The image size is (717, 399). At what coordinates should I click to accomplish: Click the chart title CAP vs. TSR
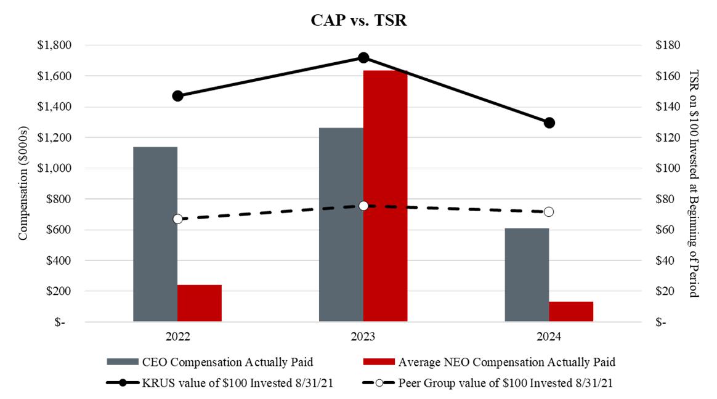click(358, 20)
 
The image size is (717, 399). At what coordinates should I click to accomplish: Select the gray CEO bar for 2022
click(155, 234)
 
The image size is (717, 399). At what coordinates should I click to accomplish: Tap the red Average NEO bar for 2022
click(199, 303)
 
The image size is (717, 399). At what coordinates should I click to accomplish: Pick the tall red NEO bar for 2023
click(385, 196)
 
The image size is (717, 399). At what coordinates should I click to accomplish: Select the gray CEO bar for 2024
click(527, 275)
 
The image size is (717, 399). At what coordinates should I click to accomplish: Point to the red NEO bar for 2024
click(571, 311)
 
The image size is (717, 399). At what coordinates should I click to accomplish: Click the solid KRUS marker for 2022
click(177, 96)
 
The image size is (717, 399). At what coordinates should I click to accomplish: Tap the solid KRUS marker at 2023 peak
click(363, 58)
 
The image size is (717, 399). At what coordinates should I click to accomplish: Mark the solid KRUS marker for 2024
click(549, 123)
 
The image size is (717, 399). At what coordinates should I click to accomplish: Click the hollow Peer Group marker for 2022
click(177, 219)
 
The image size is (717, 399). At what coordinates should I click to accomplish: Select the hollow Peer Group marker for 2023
click(363, 206)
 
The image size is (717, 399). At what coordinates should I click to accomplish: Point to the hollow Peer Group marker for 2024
click(549, 212)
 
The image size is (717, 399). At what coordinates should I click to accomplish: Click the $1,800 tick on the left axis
click(55, 46)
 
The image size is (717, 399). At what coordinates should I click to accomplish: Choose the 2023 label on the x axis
click(363, 337)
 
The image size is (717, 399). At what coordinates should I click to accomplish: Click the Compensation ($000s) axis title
click(23, 183)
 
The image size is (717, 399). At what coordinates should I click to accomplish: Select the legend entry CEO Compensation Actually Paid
click(213, 361)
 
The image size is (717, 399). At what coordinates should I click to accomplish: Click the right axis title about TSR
click(694, 183)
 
